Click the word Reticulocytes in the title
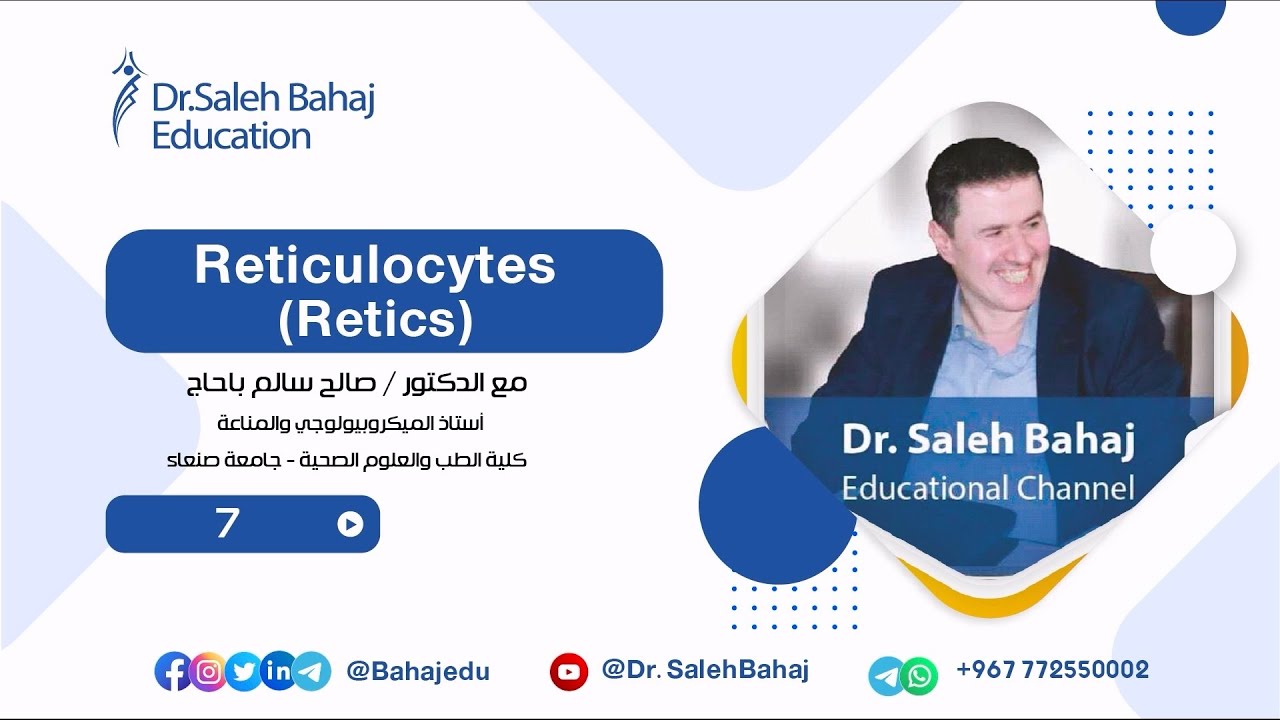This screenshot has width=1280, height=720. pos(374,267)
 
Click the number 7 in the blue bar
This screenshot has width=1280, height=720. pos(227,523)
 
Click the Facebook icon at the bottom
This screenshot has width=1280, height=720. pos(174,672)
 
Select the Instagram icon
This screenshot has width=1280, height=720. pos(208,672)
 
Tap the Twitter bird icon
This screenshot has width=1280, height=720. pos(243,672)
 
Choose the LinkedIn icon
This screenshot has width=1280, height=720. pos(277,672)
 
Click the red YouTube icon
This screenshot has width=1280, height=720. pos(569,672)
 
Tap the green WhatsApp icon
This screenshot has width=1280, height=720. pos(919,677)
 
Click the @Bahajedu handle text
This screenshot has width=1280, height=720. pos(418,672)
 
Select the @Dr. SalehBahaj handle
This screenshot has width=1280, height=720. pos(705,670)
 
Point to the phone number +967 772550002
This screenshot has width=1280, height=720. pos(1052,670)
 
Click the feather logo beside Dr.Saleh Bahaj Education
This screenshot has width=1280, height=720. pos(127,97)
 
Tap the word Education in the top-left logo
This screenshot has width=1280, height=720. pos(231,135)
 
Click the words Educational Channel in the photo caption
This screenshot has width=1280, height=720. pos(988,489)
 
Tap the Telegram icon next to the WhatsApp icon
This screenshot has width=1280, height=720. pos(886,677)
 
